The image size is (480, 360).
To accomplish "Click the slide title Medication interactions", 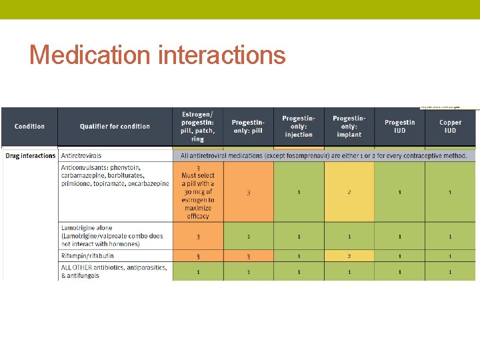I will click(157, 55).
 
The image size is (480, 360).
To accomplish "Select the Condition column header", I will click(29, 127).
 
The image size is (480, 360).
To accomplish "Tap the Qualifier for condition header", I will click(115, 127).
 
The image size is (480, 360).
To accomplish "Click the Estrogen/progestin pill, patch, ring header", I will click(197, 127).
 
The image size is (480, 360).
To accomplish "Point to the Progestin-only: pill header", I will click(248, 127).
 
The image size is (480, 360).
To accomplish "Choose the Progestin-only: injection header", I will click(299, 127).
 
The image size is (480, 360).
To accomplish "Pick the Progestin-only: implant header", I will click(349, 127).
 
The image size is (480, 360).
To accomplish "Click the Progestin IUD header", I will click(400, 127).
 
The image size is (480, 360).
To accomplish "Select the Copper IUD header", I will click(451, 127).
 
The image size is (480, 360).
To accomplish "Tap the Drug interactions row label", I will click(30, 156).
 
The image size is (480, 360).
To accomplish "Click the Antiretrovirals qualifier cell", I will click(115, 156).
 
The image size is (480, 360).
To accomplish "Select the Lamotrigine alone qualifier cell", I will click(115, 236).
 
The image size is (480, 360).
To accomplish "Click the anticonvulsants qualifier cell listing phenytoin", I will click(115, 175).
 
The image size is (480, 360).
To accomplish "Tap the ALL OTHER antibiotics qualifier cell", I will click(115, 271).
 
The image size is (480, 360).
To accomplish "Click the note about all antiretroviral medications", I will click(324, 156).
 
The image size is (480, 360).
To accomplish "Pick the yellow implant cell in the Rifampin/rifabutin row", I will click(349, 256).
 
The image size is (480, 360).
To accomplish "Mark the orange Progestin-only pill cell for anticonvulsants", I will click(248, 193).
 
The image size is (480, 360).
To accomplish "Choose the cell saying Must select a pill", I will click(198, 193).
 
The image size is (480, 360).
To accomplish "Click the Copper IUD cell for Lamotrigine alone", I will click(451, 236).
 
